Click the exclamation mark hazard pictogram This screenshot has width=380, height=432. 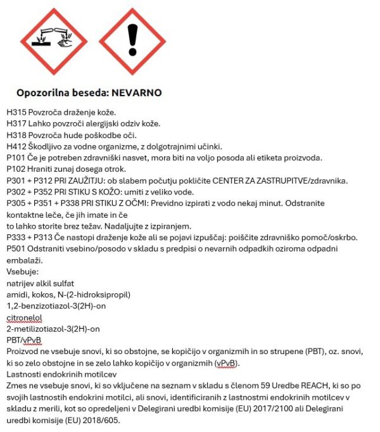pos(132,40)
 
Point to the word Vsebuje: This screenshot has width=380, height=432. pos(22,272)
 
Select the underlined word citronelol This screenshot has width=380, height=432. pos(25,317)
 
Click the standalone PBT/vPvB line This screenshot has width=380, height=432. pos(23,340)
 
